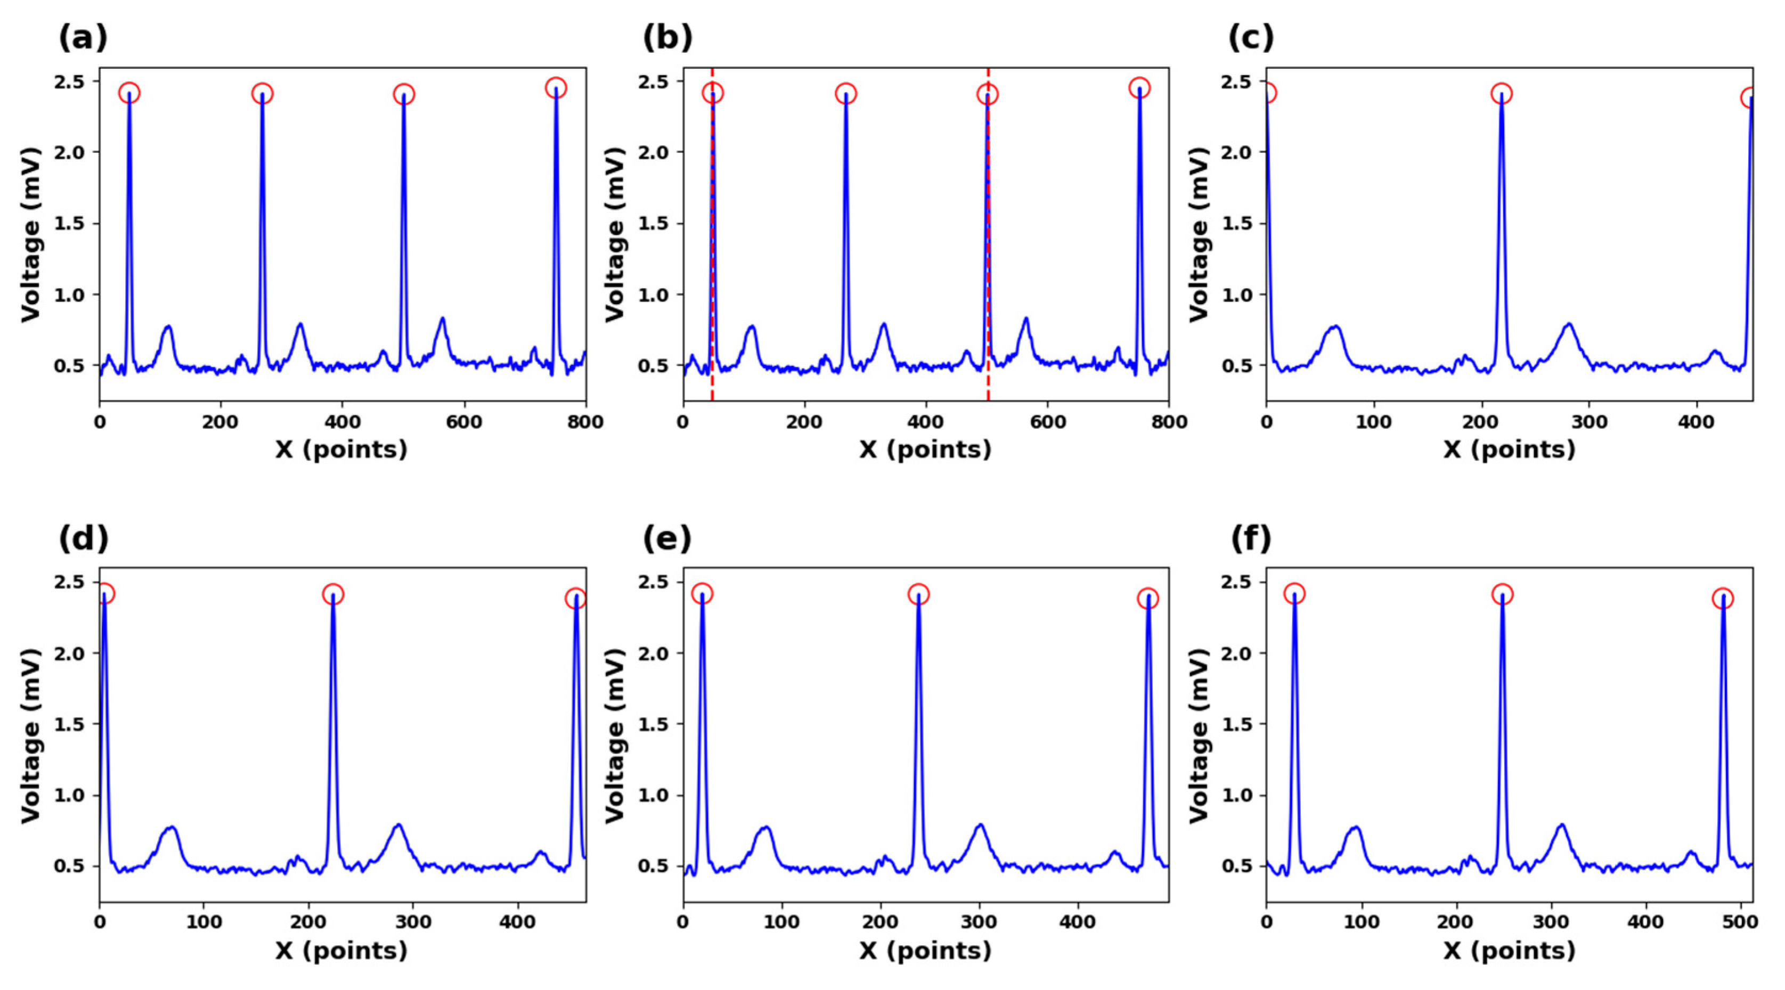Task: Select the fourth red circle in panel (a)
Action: click(556, 88)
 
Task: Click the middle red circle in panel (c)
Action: click(1501, 94)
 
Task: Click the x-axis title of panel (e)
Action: click(925, 951)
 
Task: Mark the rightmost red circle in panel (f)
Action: click(1723, 599)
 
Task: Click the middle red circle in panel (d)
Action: click(332, 594)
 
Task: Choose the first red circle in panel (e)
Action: click(702, 594)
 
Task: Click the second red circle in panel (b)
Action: click(846, 94)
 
